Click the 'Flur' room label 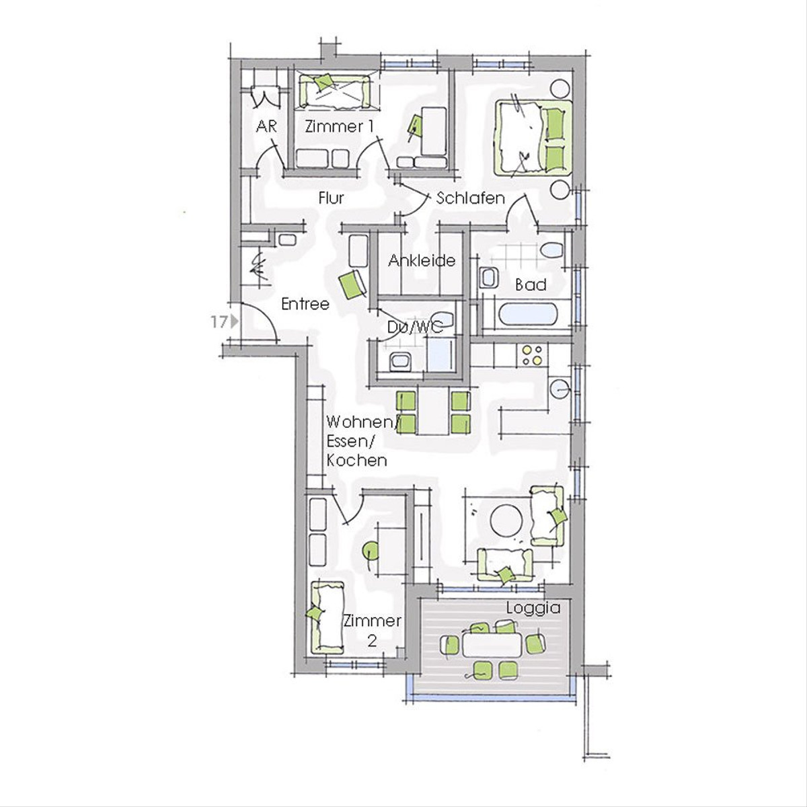(331, 198)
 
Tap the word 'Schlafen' (470, 198)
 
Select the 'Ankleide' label (421, 260)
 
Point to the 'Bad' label (531, 284)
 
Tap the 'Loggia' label (533, 608)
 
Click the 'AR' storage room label (266, 126)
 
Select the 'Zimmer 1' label (339, 126)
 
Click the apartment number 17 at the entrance (219, 322)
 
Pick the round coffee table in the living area (506, 521)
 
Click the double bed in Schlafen (533, 137)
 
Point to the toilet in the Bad (551, 251)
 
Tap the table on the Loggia (492, 646)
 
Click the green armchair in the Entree (353, 284)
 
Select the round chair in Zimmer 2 (370, 550)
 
